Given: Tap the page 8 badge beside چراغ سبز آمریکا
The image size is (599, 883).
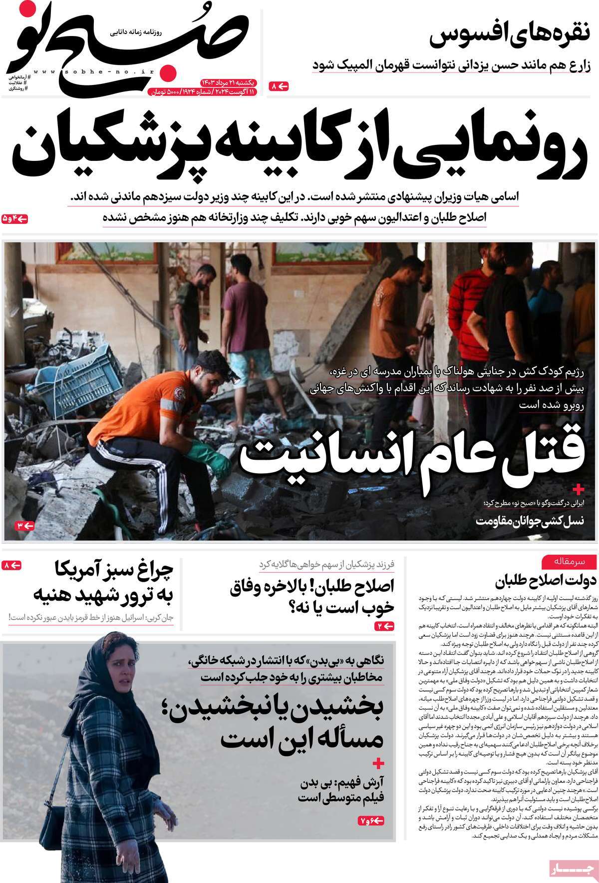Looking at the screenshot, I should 12,566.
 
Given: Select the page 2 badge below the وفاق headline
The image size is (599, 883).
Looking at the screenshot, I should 384,626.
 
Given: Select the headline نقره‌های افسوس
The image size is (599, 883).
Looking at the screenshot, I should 510,36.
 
